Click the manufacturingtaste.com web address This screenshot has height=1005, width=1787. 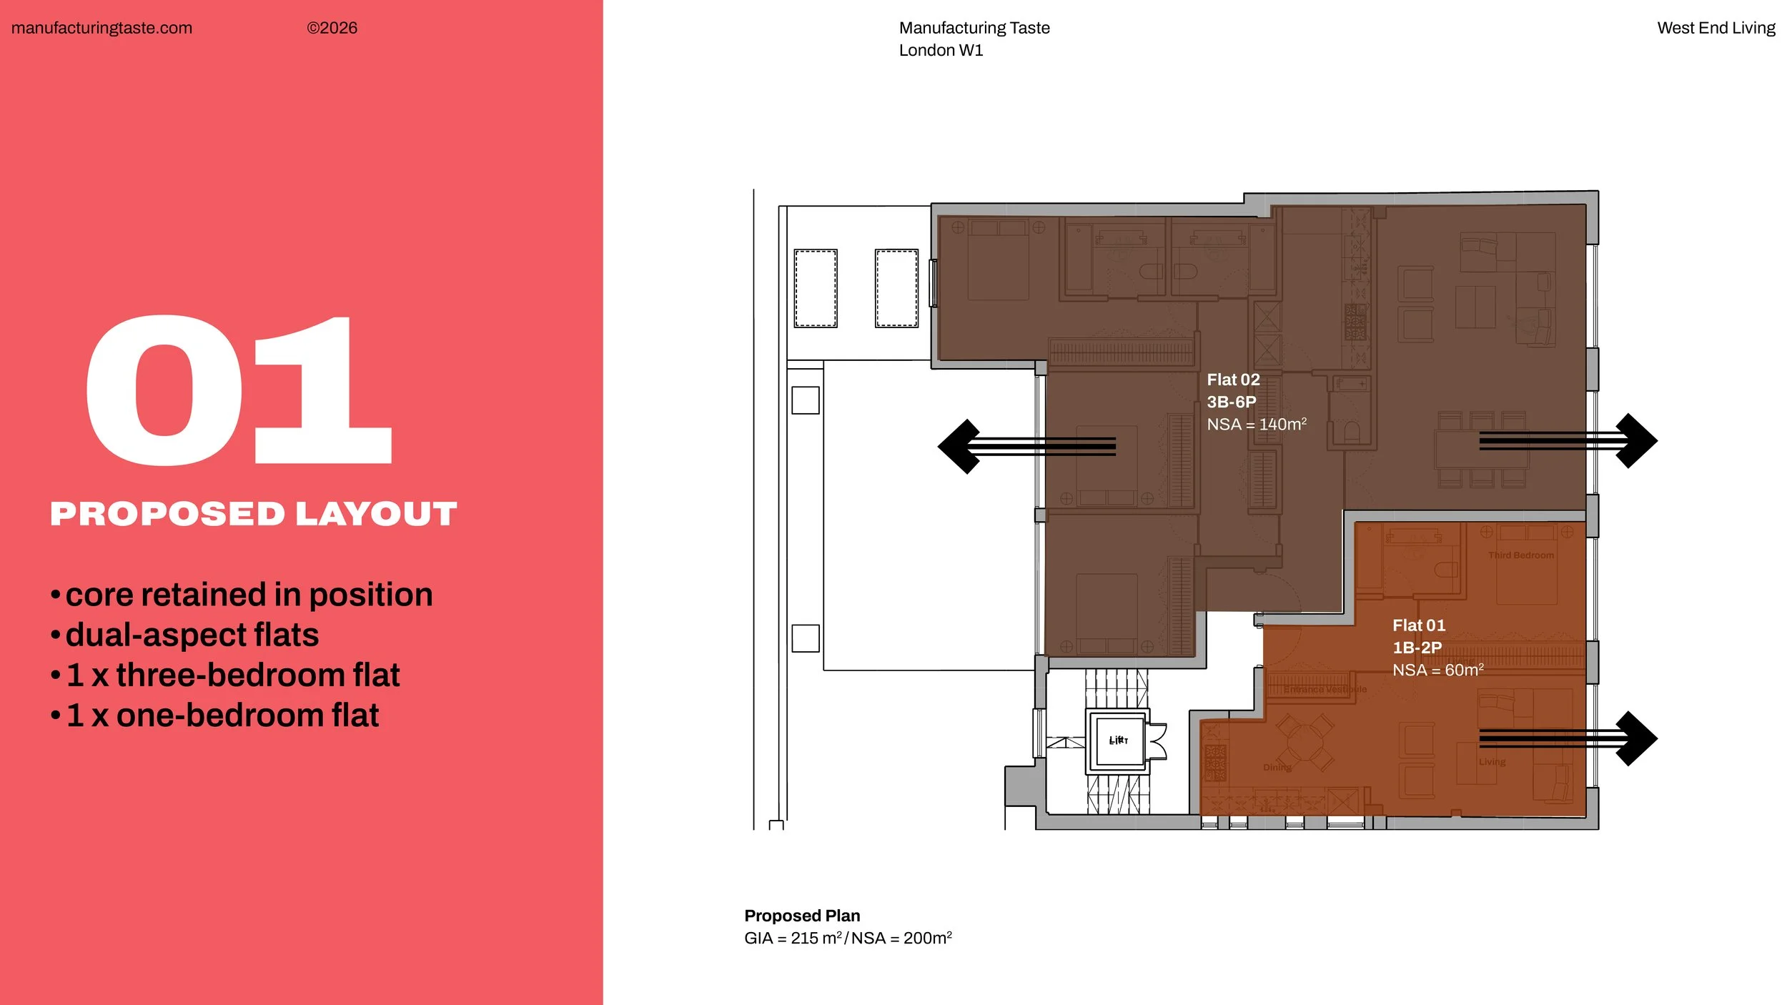tap(102, 28)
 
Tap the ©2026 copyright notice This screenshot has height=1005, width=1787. tap(332, 28)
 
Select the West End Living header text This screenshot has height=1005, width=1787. tap(1716, 28)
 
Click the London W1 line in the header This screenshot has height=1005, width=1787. tap(941, 50)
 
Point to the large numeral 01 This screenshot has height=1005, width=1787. tap(239, 390)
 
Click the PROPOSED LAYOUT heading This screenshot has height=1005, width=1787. tap(253, 514)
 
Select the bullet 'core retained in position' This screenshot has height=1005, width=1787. tap(248, 595)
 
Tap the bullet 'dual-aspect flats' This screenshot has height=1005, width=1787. tap(191, 635)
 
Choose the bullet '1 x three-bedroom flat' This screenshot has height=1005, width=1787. tap(232, 675)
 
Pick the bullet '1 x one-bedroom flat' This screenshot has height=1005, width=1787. tap(222, 715)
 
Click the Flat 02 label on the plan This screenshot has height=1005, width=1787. tap(1233, 380)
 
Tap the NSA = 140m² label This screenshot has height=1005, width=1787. tap(1256, 425)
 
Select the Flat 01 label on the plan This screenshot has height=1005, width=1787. tap(1418, 625)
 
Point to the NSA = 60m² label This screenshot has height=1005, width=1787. tap(1437, 670)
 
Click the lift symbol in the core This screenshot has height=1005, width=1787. tap(1118, 741)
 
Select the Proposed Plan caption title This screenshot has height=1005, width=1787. tap(802, 916)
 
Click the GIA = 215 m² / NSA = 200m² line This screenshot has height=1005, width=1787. tap(848, 939)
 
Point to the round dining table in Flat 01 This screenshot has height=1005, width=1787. tap(1304, 741)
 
